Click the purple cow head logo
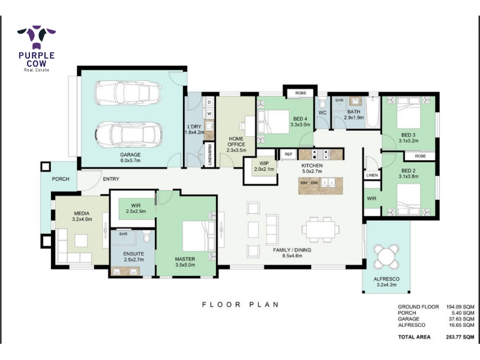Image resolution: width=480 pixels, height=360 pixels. tap(37, 37)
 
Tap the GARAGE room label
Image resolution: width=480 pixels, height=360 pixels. tap(130, 155)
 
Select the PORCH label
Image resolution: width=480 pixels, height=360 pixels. tap(61, 179)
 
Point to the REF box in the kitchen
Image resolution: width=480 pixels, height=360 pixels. tap(289, 154)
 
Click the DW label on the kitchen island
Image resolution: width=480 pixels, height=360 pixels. tap(314, 183)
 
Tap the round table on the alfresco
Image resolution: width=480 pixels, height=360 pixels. tap(386, 256)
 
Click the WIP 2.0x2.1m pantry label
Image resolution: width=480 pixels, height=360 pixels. tap(264, 166)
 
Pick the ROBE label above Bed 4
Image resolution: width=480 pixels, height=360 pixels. tap(301, 93)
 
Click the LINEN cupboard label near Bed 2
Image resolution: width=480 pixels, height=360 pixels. tap(372, 175)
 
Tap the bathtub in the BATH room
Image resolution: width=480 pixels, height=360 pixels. tap(373, 112)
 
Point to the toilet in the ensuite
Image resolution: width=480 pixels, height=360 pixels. tap(146, 236)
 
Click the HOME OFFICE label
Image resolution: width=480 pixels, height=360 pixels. tap(236, 142)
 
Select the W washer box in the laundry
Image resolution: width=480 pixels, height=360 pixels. tap(209, 113)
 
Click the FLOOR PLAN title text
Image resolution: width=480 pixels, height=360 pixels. tap(241, 305)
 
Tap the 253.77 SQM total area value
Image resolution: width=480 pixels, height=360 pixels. tap(460, 337)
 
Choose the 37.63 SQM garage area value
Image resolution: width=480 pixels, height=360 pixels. tap(461, 319)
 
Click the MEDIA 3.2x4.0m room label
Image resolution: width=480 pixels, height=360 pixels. tap(82, 216)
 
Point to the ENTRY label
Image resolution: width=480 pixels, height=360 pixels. tap(111, 179)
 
